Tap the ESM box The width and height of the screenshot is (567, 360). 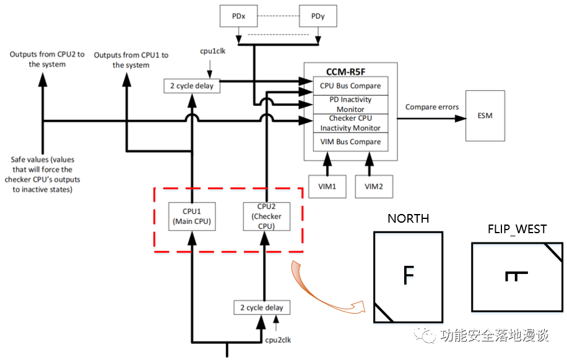pos(485,116)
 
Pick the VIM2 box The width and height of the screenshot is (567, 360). pos(374,186)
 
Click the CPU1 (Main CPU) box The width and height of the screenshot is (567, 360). pos(193,216)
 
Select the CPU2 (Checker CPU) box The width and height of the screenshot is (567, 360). pos(266,216)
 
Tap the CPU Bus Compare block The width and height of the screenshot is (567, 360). pos(350,85)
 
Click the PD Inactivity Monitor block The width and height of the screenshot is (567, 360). pos(350,104)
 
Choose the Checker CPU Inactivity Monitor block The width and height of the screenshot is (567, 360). pos(350,123)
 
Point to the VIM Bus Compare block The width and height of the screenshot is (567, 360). pos(350,142)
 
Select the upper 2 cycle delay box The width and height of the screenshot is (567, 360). pos(192,86)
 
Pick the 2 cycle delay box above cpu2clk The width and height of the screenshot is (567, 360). pos(262,307)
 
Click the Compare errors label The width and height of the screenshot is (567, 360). pos(432,107)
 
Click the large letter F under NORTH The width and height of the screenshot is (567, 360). pos(407,275)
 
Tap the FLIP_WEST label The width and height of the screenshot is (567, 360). pos(517,229)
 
